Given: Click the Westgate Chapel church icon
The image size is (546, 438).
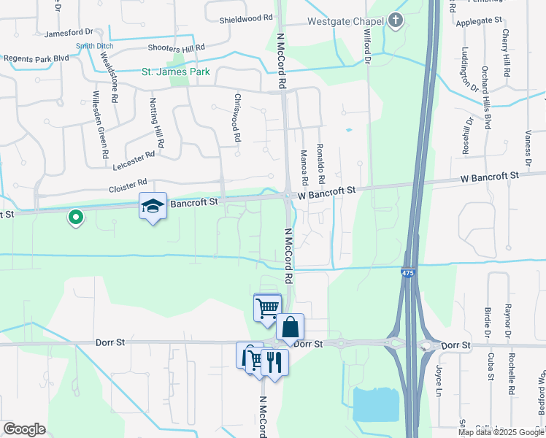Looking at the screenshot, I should [x=396, y=20].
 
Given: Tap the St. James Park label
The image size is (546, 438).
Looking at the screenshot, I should [x=175, y=72].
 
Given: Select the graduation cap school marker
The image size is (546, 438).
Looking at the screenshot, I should [x=153, y=206].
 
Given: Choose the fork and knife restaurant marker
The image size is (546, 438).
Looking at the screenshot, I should [x=274, y=362].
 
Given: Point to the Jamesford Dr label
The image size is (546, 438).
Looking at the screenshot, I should [x=69, y=33].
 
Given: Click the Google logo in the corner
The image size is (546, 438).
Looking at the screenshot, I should [x=24, y=429].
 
